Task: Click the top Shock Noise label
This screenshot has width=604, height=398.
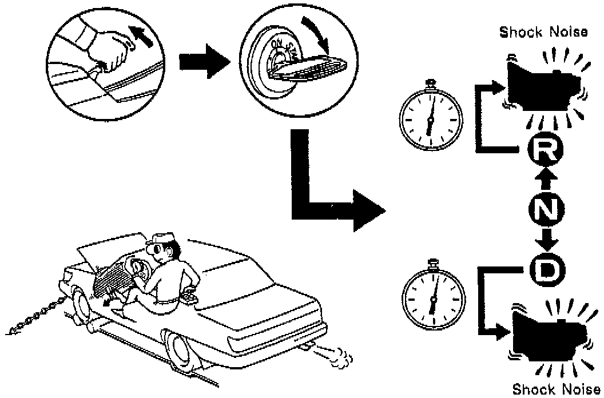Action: pyautogui.click(x=543, y=33)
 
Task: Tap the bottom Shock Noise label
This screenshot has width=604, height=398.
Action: pyautogui.click(x=556, y=389)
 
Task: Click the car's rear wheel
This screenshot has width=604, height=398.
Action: pyautogui.click(x=181, y=351)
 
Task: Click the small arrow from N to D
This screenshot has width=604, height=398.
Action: pyautogui.click(x=548, y=238)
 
